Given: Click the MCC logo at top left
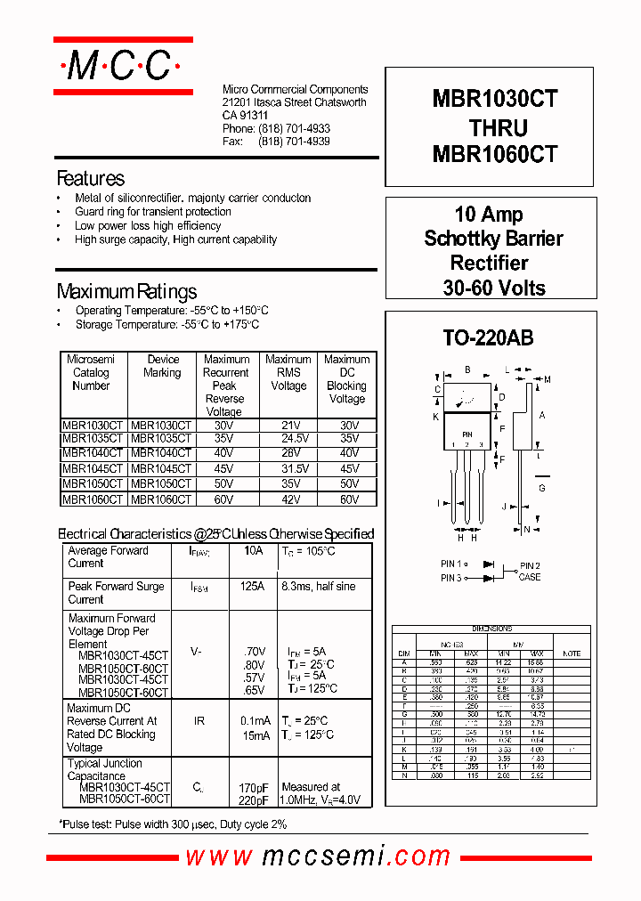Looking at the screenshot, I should coord(123,65).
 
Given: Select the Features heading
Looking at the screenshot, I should coord(90,178).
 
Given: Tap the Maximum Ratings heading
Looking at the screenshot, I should coord(126,291).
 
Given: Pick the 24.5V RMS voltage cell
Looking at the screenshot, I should coord(288,439).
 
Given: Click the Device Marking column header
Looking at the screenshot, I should coord(162,366).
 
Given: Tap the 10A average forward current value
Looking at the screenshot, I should coord(253,551).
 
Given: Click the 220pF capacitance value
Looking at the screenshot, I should coord(254,800).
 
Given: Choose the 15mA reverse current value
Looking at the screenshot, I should coord(256,735).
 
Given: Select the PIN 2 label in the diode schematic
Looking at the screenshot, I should coord(530,565).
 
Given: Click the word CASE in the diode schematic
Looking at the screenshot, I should coord(530,577).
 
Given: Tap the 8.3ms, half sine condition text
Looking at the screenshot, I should coord(318,587).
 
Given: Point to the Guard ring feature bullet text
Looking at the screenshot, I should coord(153,212).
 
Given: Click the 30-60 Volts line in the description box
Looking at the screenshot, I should coord(494,288).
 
